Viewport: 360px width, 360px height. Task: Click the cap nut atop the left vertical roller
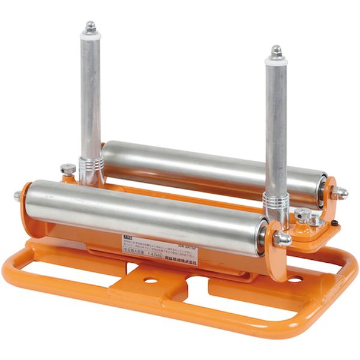(91, 27)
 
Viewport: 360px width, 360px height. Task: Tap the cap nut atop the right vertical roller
(277, 52)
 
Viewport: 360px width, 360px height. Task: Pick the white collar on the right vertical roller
(277, 61)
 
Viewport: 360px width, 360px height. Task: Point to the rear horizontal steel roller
(210, 165)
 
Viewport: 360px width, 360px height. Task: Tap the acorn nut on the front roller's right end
(281, 239)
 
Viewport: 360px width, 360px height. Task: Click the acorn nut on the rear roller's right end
(340, 193)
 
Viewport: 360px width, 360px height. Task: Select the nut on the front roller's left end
(17, 196)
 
